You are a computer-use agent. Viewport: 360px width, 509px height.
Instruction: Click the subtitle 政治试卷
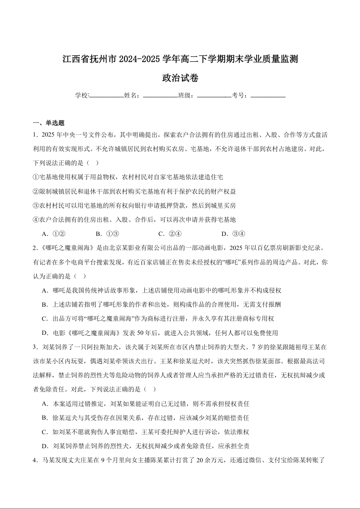[180, 78]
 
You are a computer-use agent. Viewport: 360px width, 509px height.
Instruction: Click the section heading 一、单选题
[49, 123]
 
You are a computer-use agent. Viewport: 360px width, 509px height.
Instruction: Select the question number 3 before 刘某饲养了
[35, 347]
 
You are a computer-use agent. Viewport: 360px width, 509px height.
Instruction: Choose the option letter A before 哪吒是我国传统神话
[44, 290]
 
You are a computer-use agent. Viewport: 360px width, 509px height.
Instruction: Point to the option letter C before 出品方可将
[44, 319]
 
